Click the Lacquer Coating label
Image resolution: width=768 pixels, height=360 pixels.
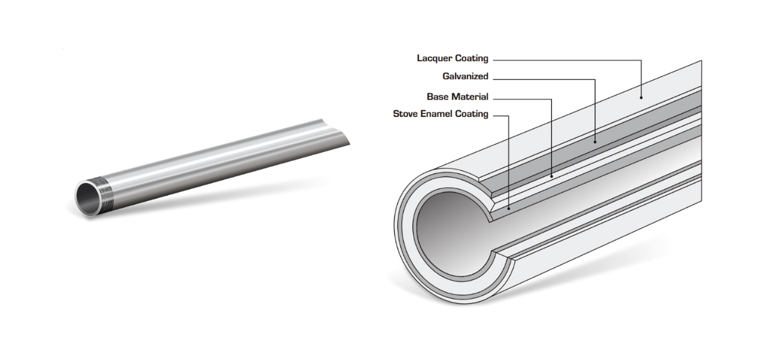(x=452, y=59)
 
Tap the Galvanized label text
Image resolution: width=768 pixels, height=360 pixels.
(x=465, y=77)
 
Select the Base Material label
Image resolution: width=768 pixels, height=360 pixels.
(x=457, y=97)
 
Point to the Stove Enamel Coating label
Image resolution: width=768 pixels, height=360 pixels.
(x=440, y=114)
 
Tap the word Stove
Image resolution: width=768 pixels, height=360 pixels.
(x=405, y=114)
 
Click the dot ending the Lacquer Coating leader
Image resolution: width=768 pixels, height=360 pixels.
(x=641, y=97)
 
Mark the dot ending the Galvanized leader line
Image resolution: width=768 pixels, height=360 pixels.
(x=595, y=142)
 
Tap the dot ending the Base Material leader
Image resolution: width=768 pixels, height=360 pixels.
(x=551, y=176)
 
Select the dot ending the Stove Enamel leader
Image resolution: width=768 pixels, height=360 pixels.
(x=509, y=208)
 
